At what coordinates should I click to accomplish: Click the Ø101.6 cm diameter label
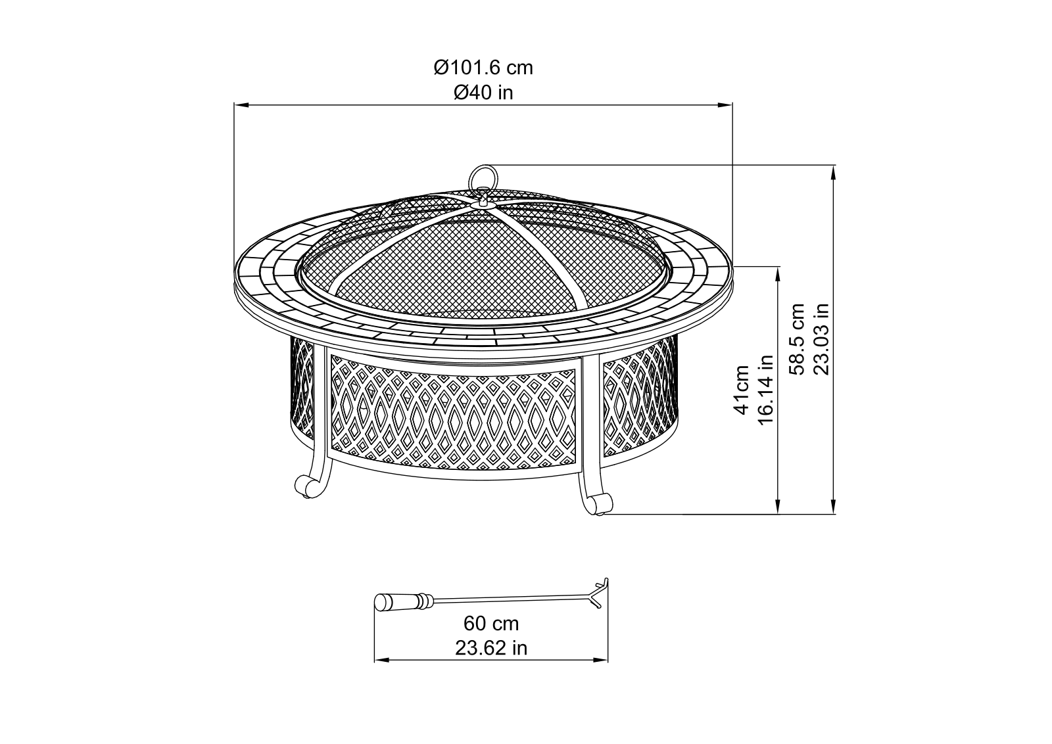(x=483, y=68)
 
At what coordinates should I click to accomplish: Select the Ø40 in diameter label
(x=483, y=93)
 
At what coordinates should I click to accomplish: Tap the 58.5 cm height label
(x=797, y=339)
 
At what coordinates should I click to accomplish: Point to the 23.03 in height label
(x=821, y=339)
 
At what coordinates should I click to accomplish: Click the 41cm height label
(x=742, y=390)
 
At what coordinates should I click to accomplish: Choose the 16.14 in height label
(x=765, y=390)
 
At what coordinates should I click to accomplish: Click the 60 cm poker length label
(x=490, y=624)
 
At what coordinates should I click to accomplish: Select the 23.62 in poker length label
(x=490, y=648)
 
